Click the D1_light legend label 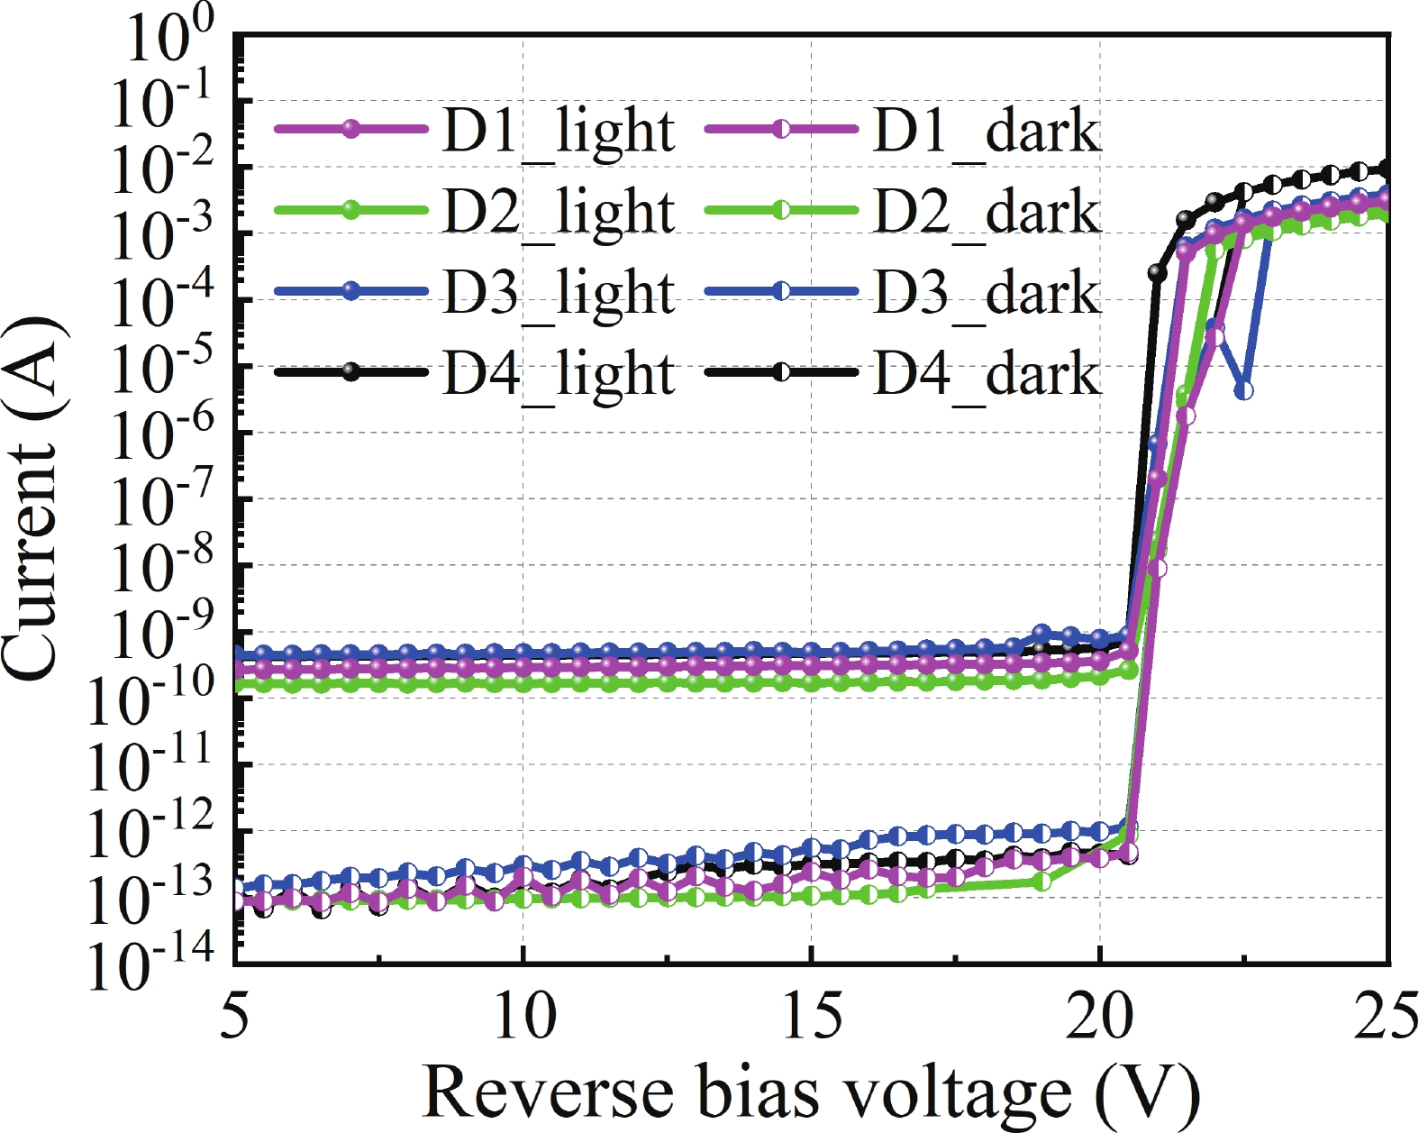[x=558, y=132]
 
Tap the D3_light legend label [x=558, y=293]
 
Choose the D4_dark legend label [x=987, y=373]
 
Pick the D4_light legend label [x=558, y=373]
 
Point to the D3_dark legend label [x=987, y=293]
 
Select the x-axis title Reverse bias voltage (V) [x=811, y=1092]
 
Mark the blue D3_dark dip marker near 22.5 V [x=1244, y=391]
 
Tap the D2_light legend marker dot [x=351, y=210]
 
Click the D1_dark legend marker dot [x=781, y=130]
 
